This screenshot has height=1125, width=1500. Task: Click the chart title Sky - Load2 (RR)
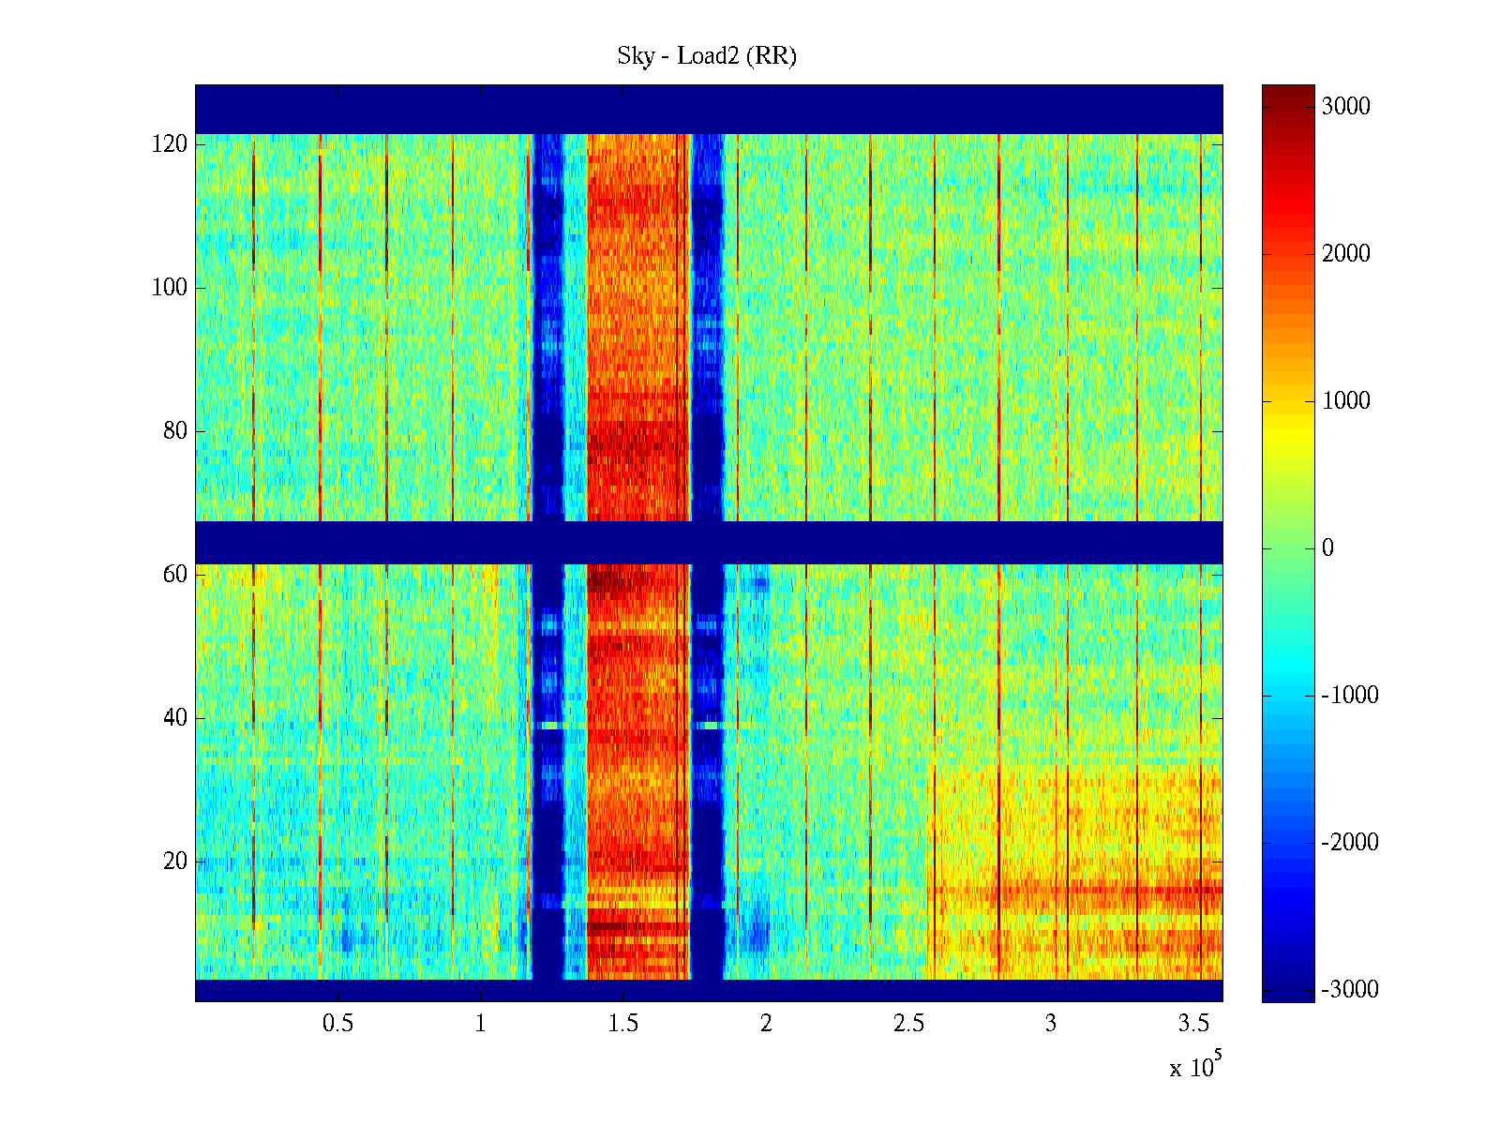[x=707, y=56]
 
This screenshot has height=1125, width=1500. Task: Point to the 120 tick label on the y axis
[x=170, y=144]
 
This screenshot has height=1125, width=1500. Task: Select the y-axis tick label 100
[x=170, y=288]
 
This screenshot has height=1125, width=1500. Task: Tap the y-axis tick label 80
[x=175, y=431]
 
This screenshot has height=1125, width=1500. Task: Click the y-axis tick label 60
[x=175, y=575]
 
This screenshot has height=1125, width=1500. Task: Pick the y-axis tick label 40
[x=175, y=718]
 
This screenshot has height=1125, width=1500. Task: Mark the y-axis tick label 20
[x=175, y=862]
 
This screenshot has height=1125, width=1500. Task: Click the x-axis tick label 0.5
[x=337, y=1024]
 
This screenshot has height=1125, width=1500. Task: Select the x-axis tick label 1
[x=480, y=1024]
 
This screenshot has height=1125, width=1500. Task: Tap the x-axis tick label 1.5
[x=622, y=1024]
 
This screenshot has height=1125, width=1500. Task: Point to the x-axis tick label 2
[x=766, y=1024]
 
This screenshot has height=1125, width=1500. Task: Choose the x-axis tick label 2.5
[x=908, y=1024]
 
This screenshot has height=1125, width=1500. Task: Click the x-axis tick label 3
[x=1051, y=1024]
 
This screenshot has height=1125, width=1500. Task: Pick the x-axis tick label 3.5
[x=1193, y=1024]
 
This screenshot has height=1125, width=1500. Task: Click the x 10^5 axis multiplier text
[x=1195, y=1066]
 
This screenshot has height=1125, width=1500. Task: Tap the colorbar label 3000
[x=1346, y=107]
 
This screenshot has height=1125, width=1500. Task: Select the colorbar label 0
[x=1327, y=548]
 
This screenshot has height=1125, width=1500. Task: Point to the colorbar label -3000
[x=1350, y=990]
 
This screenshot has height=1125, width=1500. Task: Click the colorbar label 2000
[x=1346, y=254]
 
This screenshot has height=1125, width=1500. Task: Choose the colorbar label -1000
[x=1350, y=696]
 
